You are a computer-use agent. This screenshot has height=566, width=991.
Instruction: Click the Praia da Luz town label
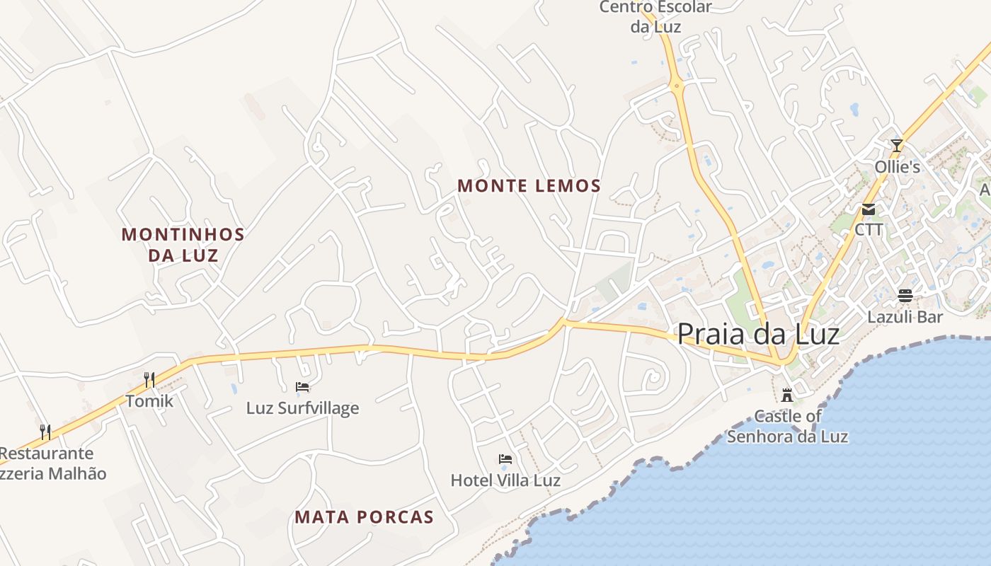click(758, 334)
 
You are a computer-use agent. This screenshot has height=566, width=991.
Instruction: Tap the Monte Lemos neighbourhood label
click(529, 186)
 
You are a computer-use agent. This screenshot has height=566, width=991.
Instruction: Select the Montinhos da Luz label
click(183, 245)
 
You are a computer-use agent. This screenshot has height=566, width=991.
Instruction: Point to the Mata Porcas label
click(364, 517)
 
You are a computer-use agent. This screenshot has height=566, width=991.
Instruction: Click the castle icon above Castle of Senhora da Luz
click(786, 394)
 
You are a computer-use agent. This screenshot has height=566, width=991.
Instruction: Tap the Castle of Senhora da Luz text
click(787, 426)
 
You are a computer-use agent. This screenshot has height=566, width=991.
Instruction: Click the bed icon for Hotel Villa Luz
click(505, 459)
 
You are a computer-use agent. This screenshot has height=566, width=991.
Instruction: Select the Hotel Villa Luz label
click(505, 481)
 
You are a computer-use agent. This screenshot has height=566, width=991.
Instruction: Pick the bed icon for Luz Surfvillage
click(302, 386)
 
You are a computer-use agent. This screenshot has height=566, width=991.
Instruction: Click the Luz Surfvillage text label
click(302, 408)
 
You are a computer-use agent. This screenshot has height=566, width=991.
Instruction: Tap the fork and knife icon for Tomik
click(149, 380)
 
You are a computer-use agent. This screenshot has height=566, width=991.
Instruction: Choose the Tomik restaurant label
click(149, 401)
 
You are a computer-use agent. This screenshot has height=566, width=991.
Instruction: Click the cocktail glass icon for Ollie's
click(897, 146)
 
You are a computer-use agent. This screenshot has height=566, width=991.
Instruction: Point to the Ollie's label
click(897, 167)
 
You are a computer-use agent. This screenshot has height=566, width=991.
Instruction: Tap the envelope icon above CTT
click(869, 209)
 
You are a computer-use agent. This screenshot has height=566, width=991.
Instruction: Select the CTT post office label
click(869, 230)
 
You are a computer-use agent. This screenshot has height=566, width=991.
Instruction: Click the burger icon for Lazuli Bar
click(905, 295)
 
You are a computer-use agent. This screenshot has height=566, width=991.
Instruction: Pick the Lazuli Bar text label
click(905, 317)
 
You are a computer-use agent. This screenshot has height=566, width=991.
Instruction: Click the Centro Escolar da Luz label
click(655, 17)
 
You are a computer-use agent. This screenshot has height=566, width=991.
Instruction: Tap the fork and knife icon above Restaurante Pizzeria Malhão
click(45, 432)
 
